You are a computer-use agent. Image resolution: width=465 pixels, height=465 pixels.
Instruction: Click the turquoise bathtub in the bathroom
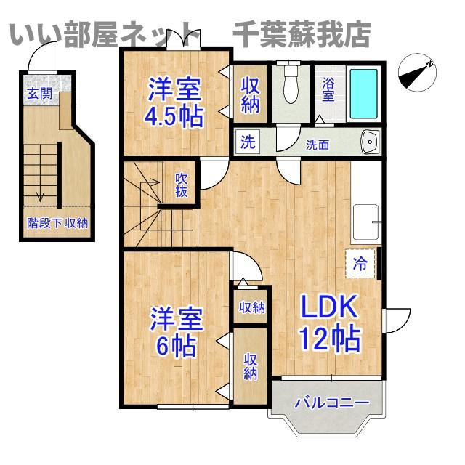pos(364,94)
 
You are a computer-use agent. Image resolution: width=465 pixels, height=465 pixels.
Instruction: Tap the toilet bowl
pos(291,84)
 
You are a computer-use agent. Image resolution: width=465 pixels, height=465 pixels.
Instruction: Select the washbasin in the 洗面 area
pos(370,142)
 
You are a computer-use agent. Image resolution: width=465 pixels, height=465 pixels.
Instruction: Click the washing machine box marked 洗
pos(248,142)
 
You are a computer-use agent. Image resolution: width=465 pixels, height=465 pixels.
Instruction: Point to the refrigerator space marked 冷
pos(360,263)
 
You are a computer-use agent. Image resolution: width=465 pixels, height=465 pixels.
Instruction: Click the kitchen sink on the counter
pos(366,222)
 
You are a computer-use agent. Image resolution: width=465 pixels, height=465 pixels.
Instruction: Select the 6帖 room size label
pos(177,346)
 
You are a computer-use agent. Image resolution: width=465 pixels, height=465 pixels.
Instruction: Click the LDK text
pos(329,306)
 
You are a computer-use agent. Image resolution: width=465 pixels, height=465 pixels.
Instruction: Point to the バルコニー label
pos(331,403)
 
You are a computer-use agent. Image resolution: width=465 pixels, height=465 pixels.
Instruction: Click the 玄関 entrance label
pos(39,94)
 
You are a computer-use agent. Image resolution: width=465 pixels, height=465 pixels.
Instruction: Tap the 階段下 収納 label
pos(57,223)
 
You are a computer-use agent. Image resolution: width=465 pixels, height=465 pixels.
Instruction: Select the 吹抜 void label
pos(182,185)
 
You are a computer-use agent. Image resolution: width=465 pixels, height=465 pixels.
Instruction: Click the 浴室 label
pos(328,89)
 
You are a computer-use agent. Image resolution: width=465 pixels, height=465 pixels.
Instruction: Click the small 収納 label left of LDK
pos(252,307)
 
